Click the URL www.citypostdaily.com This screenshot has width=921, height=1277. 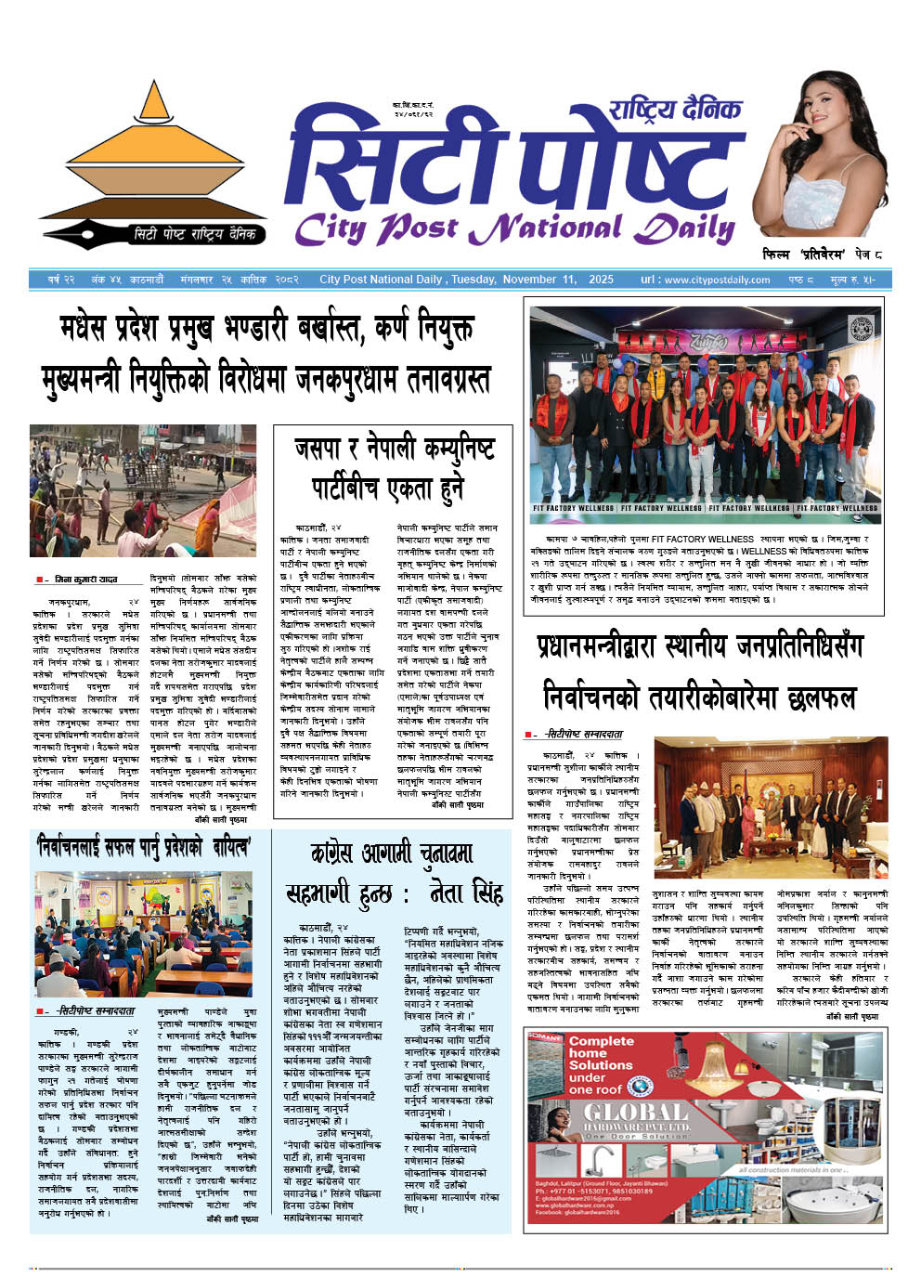tap(718, 280)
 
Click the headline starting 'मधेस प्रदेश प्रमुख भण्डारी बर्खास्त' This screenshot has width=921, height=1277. tap(266, 329)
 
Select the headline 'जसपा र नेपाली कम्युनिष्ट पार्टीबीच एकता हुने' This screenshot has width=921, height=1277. tap(393, 468)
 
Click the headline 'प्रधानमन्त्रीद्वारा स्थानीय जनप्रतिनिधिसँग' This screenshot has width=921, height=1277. tap(700, 647)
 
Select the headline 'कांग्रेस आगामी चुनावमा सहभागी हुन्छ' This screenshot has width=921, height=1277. tap(393, 874)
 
